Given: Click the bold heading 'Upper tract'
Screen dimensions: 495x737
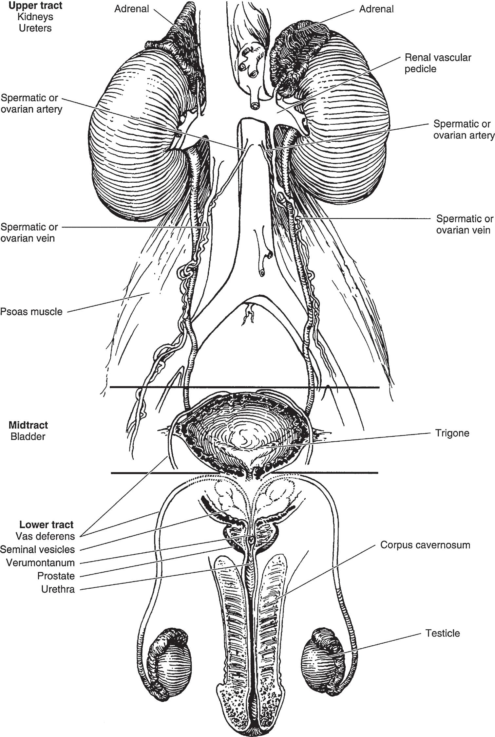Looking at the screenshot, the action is click(36, 6).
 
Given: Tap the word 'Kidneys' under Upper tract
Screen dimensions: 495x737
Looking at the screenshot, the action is click(36, 17).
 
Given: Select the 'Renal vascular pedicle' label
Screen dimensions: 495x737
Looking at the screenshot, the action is click(438, 63).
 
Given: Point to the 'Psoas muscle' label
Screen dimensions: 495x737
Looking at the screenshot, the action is click(31, 311).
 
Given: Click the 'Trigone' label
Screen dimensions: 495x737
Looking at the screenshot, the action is click(452, 433).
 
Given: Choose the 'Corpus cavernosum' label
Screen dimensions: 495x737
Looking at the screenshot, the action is click(425, 545).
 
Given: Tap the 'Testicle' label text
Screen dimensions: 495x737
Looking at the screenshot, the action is click(442, 633).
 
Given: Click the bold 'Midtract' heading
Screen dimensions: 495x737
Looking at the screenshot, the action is click(28, 425).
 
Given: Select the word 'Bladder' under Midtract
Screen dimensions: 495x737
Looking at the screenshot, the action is click(28, 436).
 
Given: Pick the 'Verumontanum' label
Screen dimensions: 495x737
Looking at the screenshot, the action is click(40, 563).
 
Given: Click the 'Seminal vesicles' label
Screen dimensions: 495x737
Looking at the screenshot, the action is click(37, 549).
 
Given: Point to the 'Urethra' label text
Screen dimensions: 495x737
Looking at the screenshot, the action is click(58, 589).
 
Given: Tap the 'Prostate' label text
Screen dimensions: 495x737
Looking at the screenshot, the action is click(56, 576).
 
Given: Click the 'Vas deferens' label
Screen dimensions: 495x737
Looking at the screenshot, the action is click(45, 536).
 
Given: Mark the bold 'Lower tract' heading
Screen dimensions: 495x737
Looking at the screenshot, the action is click(47, 525).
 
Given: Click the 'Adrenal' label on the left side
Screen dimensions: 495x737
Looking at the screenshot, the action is click(131, 9).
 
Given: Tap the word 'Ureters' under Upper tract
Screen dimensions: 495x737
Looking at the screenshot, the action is click(35, 28).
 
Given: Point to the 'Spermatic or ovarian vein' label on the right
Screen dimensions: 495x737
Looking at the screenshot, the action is click(465, 224).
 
